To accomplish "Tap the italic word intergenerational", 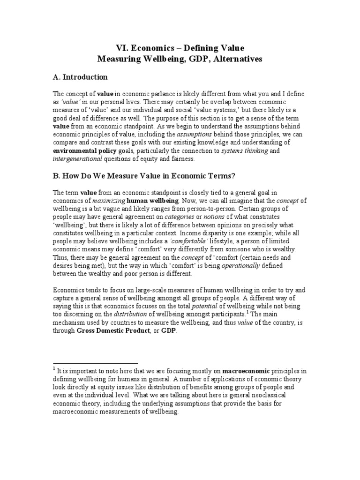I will [77, 159].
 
